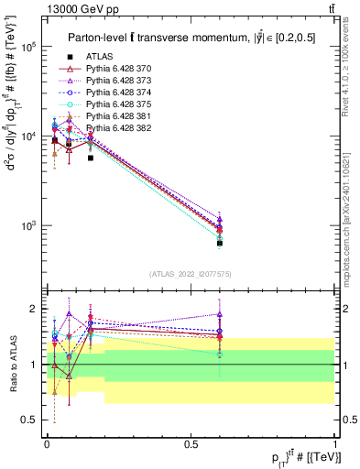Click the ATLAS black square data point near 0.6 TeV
(x=220, y=243)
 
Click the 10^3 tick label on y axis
(x=28, y=225)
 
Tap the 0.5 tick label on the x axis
(x=191, y=443)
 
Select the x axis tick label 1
(x=336, y=443)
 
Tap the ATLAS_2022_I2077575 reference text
(x=191, y=274)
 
